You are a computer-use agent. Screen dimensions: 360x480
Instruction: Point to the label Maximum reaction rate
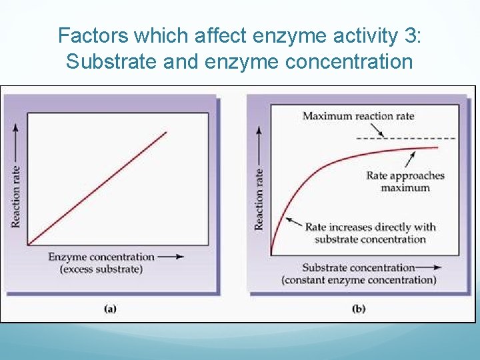pos(358,116)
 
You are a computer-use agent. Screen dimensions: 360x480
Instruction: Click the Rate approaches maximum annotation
pos(405,181)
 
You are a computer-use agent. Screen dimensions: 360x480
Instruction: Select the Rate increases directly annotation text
pos(370,233)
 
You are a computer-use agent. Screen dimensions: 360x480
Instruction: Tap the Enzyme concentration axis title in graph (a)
pos(101,257)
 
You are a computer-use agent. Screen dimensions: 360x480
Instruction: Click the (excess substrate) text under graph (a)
pos(101,269)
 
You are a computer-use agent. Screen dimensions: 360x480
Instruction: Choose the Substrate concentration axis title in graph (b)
pos(358,267)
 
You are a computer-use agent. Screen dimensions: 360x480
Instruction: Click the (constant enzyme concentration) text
pos(359,280)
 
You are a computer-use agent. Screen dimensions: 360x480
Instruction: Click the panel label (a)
pos(111,309)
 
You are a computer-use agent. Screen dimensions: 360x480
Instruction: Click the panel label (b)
pos(358,309)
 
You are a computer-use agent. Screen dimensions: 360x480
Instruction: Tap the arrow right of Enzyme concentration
pos(171,257)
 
